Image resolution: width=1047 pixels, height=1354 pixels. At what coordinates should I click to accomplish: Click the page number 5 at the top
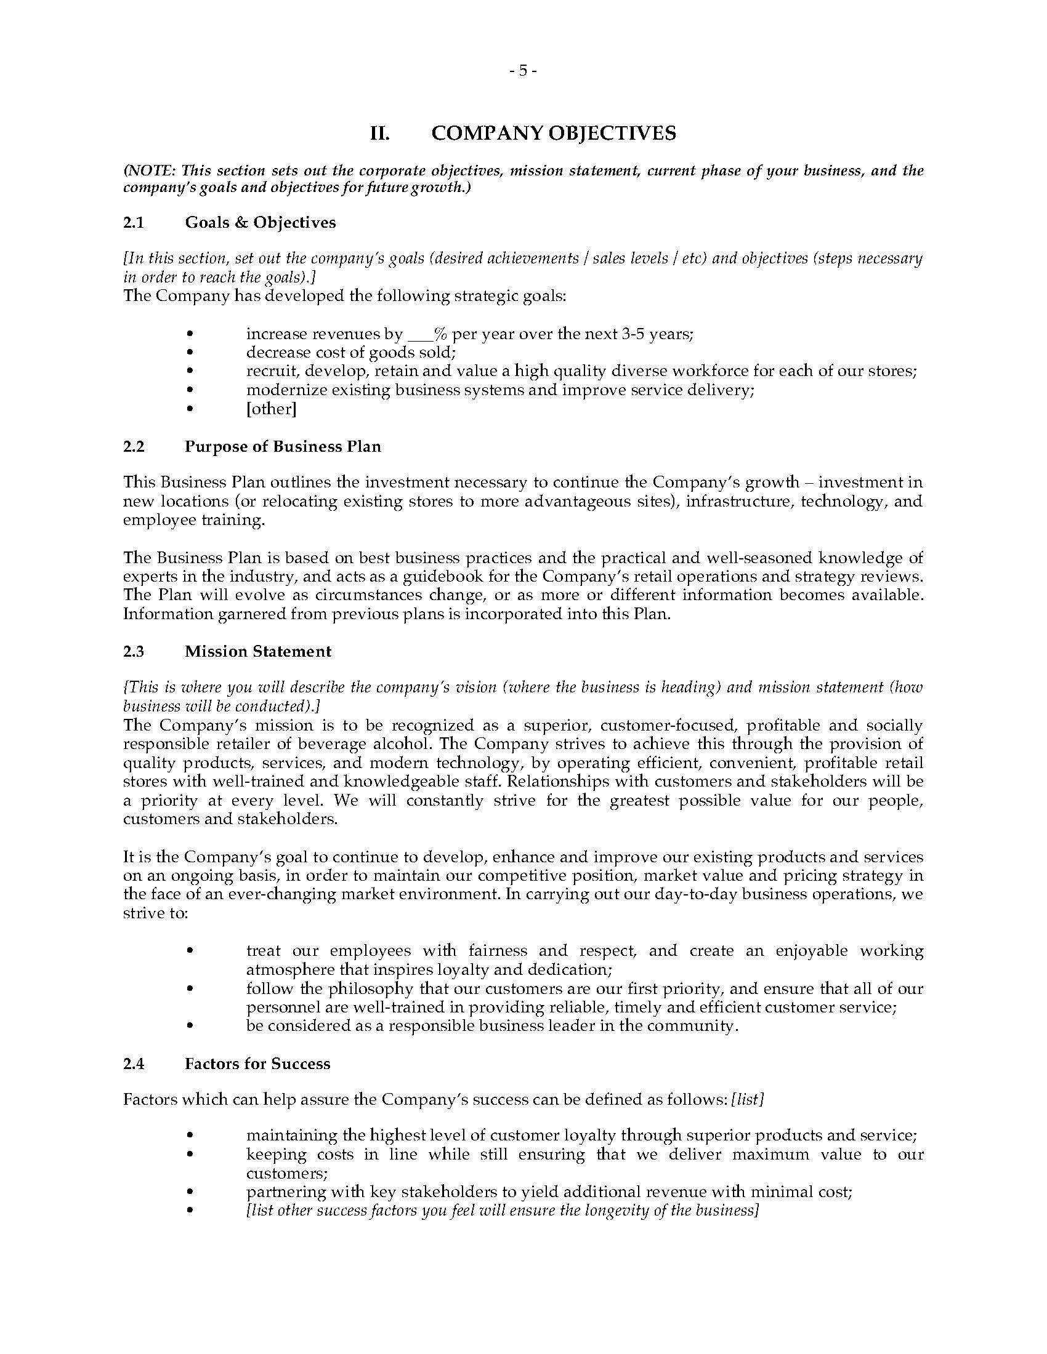point(523,71)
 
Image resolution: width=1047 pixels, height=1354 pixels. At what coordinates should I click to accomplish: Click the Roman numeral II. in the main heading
point(379,134)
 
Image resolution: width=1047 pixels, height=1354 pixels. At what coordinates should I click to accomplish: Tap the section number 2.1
point(134,223)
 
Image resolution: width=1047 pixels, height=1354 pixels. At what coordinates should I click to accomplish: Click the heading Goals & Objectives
point(260,223)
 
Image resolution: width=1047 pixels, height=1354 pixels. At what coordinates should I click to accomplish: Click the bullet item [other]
point(271,409)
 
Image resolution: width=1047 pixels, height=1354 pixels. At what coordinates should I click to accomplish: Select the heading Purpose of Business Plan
point(282,446)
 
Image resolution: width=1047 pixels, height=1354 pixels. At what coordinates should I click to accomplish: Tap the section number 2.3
point(134,651)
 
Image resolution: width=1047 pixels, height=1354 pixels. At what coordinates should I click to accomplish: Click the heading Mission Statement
point(257,651)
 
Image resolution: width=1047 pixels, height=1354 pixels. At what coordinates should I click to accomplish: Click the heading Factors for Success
point(257,1064)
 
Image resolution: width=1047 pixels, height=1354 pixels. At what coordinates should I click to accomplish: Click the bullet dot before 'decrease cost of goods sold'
point(190,353)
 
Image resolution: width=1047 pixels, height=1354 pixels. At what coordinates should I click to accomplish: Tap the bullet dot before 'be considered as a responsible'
point(190,1026)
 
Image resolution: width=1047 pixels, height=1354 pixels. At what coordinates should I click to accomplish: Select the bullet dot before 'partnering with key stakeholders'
point(190,1192)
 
